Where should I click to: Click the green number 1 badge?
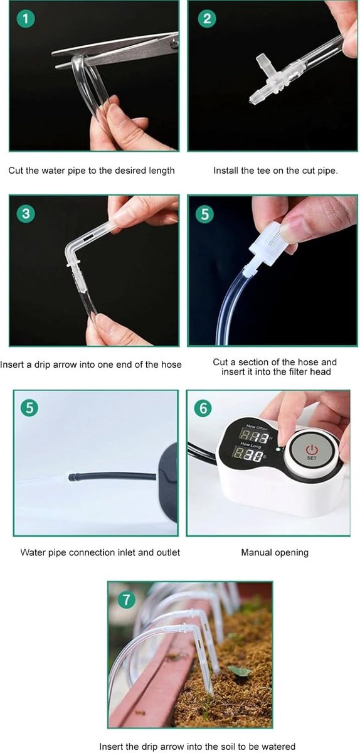pyautogui.click(x=26, y=19)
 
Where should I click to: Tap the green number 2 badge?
pyautogui.click(x=207, y=19)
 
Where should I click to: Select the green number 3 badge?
pyautogui.click(x=26, y=214)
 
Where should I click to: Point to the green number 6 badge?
pyautogui.click(x=203, y=408)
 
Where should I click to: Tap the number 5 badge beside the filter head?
pyautogui.click(x=205, y=214)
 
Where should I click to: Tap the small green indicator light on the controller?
pyautogui.click(x=278, y=449)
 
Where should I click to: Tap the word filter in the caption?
pyautogui.click(x=300, y=371)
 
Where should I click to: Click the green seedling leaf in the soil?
pyautogui.click(x=239, y=670)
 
